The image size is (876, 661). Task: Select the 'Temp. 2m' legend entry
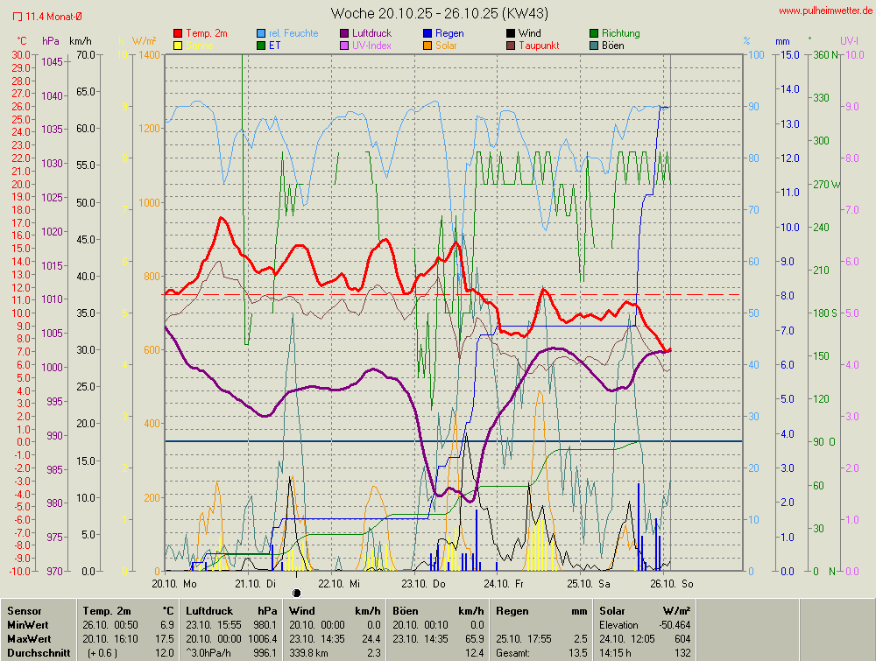coord(205,33)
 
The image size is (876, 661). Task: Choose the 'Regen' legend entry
coord(449,33)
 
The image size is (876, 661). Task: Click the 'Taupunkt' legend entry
coord(540,46)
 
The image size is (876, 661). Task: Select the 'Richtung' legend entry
coord(620,33)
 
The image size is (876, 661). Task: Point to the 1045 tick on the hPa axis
coord(52,61)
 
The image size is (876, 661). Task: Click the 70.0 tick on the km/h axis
coord(85,54)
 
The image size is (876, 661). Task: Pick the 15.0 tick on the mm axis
coord(789,54)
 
